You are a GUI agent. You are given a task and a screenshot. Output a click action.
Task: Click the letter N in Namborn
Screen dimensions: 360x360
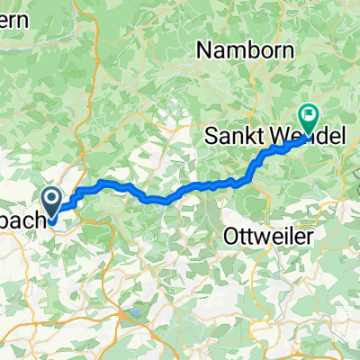(203, 51)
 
